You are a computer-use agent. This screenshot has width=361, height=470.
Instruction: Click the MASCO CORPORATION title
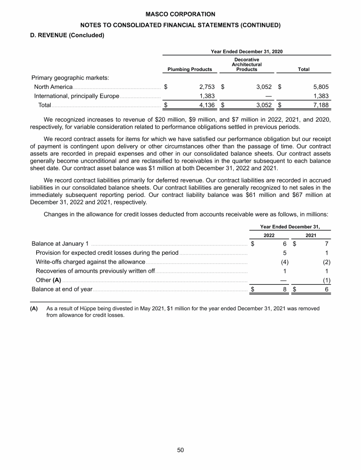[x=180, y=15]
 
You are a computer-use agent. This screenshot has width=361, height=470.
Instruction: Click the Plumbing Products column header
[x=187, y=70]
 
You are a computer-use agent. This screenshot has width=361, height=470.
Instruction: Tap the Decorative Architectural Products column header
[x=247, y=65]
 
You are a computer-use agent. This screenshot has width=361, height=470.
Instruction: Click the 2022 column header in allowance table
[x=269, y=235]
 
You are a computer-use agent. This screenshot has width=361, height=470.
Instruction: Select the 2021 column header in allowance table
[x=311, y=235]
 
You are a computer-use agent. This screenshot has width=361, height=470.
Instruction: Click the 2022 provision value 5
[x=285, y=253]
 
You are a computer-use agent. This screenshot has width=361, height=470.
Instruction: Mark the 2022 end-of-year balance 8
[x=285, y=289]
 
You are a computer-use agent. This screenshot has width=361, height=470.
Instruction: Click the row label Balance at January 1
[x=60, y=243]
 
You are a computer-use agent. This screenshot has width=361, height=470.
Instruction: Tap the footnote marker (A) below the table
[x=34, y=309]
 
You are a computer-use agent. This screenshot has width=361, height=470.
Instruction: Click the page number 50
[x=180, y=450]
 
